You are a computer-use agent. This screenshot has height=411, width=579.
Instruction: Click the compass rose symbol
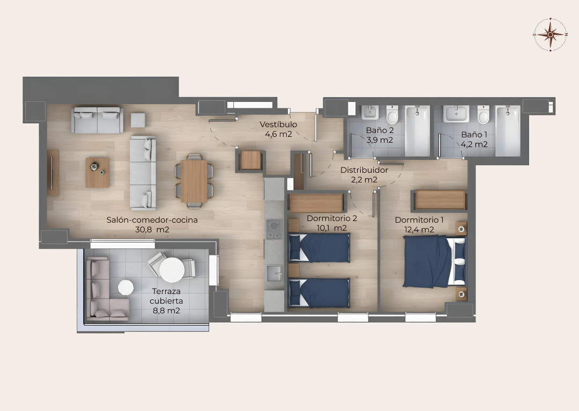[x=550, y=34]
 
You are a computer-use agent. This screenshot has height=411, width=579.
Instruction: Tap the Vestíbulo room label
[x=278, y=124]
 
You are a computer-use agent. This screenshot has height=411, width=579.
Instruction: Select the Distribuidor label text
[x=364, y=170]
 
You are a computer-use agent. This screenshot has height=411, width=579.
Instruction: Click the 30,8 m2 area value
[x=152, y=230]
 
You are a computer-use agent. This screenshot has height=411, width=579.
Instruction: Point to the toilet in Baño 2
[x=392, y=114]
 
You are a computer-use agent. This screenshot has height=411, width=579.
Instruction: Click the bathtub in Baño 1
[x=508, y=131]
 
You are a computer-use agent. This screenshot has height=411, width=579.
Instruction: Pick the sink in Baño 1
[x=456, y=113]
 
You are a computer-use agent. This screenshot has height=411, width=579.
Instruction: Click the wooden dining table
[x=194, y=181]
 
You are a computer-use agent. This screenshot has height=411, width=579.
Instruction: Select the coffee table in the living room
[x=98, y=173]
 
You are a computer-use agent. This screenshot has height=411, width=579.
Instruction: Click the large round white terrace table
[x=172, y=270]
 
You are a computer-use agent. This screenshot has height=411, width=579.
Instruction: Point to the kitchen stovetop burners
[x=274, y=229]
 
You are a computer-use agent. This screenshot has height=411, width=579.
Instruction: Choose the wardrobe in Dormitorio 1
[x=440, y=200]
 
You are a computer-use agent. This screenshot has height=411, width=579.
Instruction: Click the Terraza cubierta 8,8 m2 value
[x=167, y=311]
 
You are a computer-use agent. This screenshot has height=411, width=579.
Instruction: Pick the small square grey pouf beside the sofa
[x=138, y=120]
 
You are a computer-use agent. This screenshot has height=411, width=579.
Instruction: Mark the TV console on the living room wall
[x=53, y=173]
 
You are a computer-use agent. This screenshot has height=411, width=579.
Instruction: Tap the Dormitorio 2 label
[x=332, y=218]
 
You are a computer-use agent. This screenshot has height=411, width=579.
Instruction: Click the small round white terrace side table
[x=125, y=287]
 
